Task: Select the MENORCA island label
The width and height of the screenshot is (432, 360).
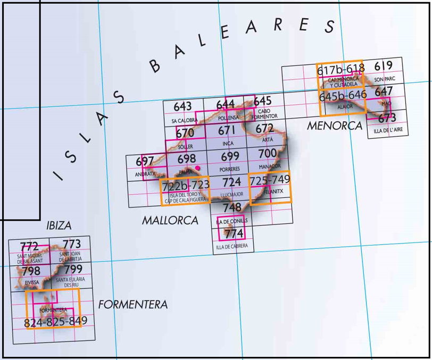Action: click(335, 126)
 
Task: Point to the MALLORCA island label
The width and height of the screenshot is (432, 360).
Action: click(170, 220)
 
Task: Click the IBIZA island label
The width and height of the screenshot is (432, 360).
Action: click(59, 225)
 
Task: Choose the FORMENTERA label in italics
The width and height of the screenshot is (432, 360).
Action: click(132, 305)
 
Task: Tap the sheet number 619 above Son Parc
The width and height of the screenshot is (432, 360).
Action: click(383, 66)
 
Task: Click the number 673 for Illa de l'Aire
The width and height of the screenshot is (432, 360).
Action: click(387, 118)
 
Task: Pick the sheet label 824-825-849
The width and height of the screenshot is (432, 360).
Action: click(56, 322)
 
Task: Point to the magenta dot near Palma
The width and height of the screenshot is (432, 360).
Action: click(198, 168)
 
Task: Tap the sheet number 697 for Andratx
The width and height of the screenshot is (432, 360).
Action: click(145, 161)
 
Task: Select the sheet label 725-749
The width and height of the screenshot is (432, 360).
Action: click(270, 181)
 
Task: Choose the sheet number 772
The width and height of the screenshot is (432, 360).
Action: click(29, 246)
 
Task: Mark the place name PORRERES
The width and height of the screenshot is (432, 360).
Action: click(230, 169)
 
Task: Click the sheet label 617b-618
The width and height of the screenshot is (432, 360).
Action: click(340, 69)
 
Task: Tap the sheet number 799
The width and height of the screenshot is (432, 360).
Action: click(73, 270)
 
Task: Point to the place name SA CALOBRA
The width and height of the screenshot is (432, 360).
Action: click(184, 121)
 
